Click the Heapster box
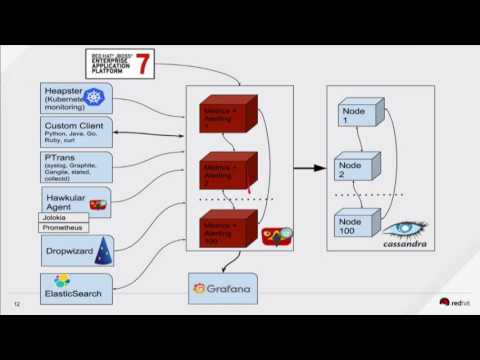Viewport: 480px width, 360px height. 75,98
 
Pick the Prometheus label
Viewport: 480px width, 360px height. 63,228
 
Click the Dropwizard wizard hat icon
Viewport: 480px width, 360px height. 101,251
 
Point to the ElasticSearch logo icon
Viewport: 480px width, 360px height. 62,280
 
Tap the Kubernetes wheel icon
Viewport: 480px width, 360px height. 95,98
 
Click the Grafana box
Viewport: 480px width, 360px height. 222,289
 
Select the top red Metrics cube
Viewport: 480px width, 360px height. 226,116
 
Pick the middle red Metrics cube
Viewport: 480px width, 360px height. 226,171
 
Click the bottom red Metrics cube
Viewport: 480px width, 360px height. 226,229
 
